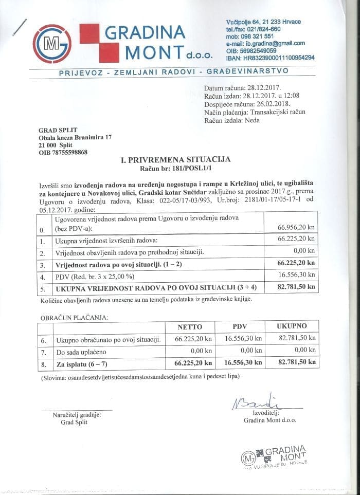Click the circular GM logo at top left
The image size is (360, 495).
click(x=52, y=44)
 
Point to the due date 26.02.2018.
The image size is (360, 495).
click(x=272, y=104)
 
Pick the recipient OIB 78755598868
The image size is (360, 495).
click(x=63, y=152)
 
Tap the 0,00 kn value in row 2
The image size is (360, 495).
click(x=303, y=251)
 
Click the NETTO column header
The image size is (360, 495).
click(x=190, y=326)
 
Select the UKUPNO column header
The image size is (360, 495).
click(x=292, y=326)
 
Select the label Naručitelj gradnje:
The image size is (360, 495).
click(x=77, y=414)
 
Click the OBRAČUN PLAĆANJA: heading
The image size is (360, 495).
click(x=74, y=317)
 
